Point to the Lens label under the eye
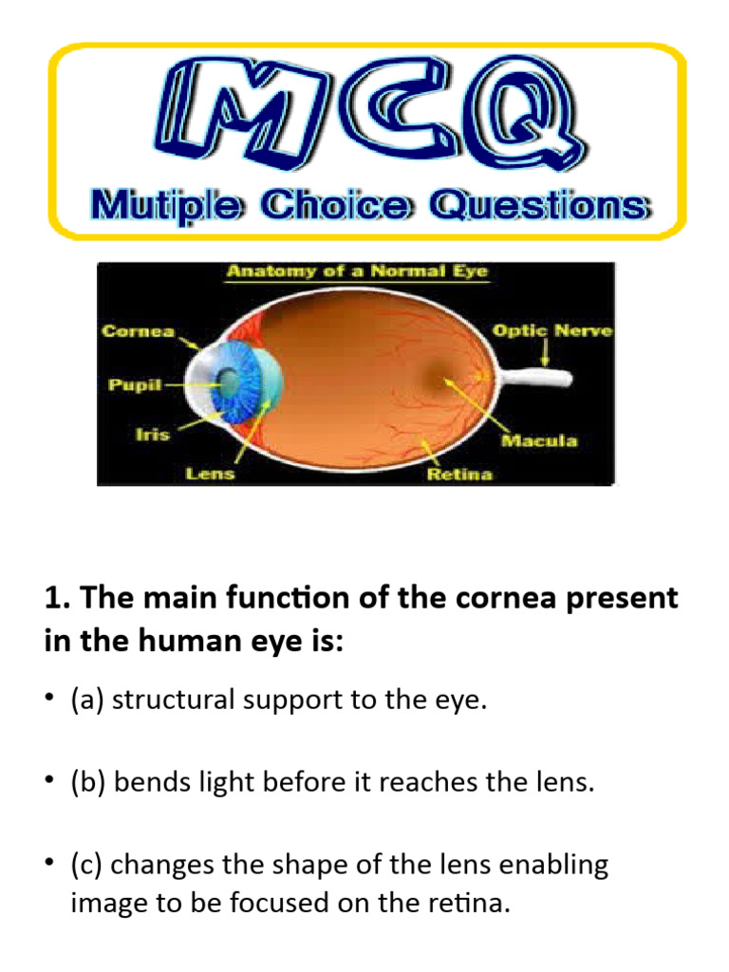point(210,473)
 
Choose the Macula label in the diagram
point(539,441)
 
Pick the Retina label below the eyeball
point(459,473)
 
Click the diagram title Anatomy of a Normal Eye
point(356,271)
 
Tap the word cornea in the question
point(515,599)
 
